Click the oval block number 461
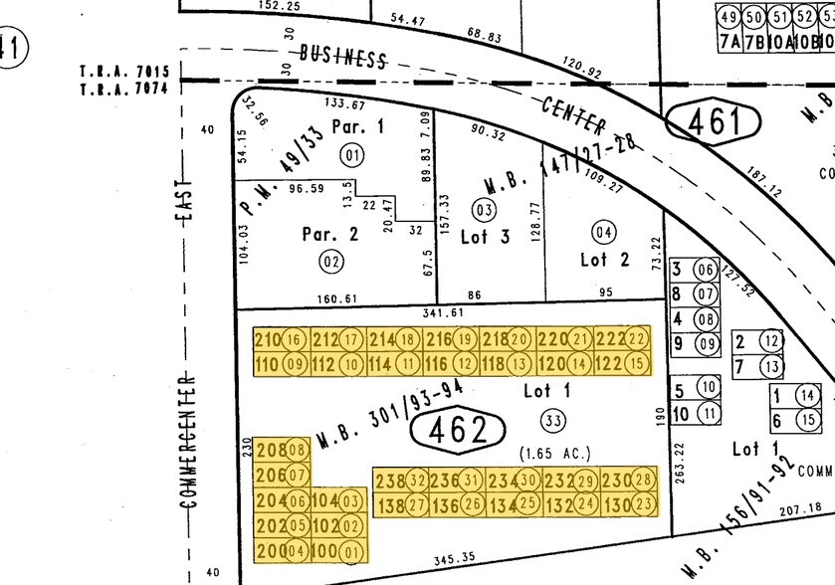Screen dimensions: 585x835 tap(717, 122)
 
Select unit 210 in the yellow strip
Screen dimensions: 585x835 tap(267, 340)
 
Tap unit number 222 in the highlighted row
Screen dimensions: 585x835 tap(608, 340)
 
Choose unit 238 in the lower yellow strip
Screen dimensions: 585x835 tap(389, 480)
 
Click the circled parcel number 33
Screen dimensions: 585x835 tap(554, 418)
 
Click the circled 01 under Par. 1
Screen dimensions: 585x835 tap(350, 154)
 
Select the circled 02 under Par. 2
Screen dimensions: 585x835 tap(330, 262)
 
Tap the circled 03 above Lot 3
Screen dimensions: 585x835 tap(485, 210)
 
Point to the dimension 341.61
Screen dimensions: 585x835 tap(444, 312)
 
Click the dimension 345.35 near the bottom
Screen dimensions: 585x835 tap(450, 559)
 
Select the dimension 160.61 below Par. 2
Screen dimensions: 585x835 tap(335, 297)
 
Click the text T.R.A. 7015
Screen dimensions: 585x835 tap(125, 73)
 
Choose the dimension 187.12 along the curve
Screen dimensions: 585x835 tap(763, 178)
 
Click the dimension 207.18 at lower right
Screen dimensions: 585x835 tap(802, 509)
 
